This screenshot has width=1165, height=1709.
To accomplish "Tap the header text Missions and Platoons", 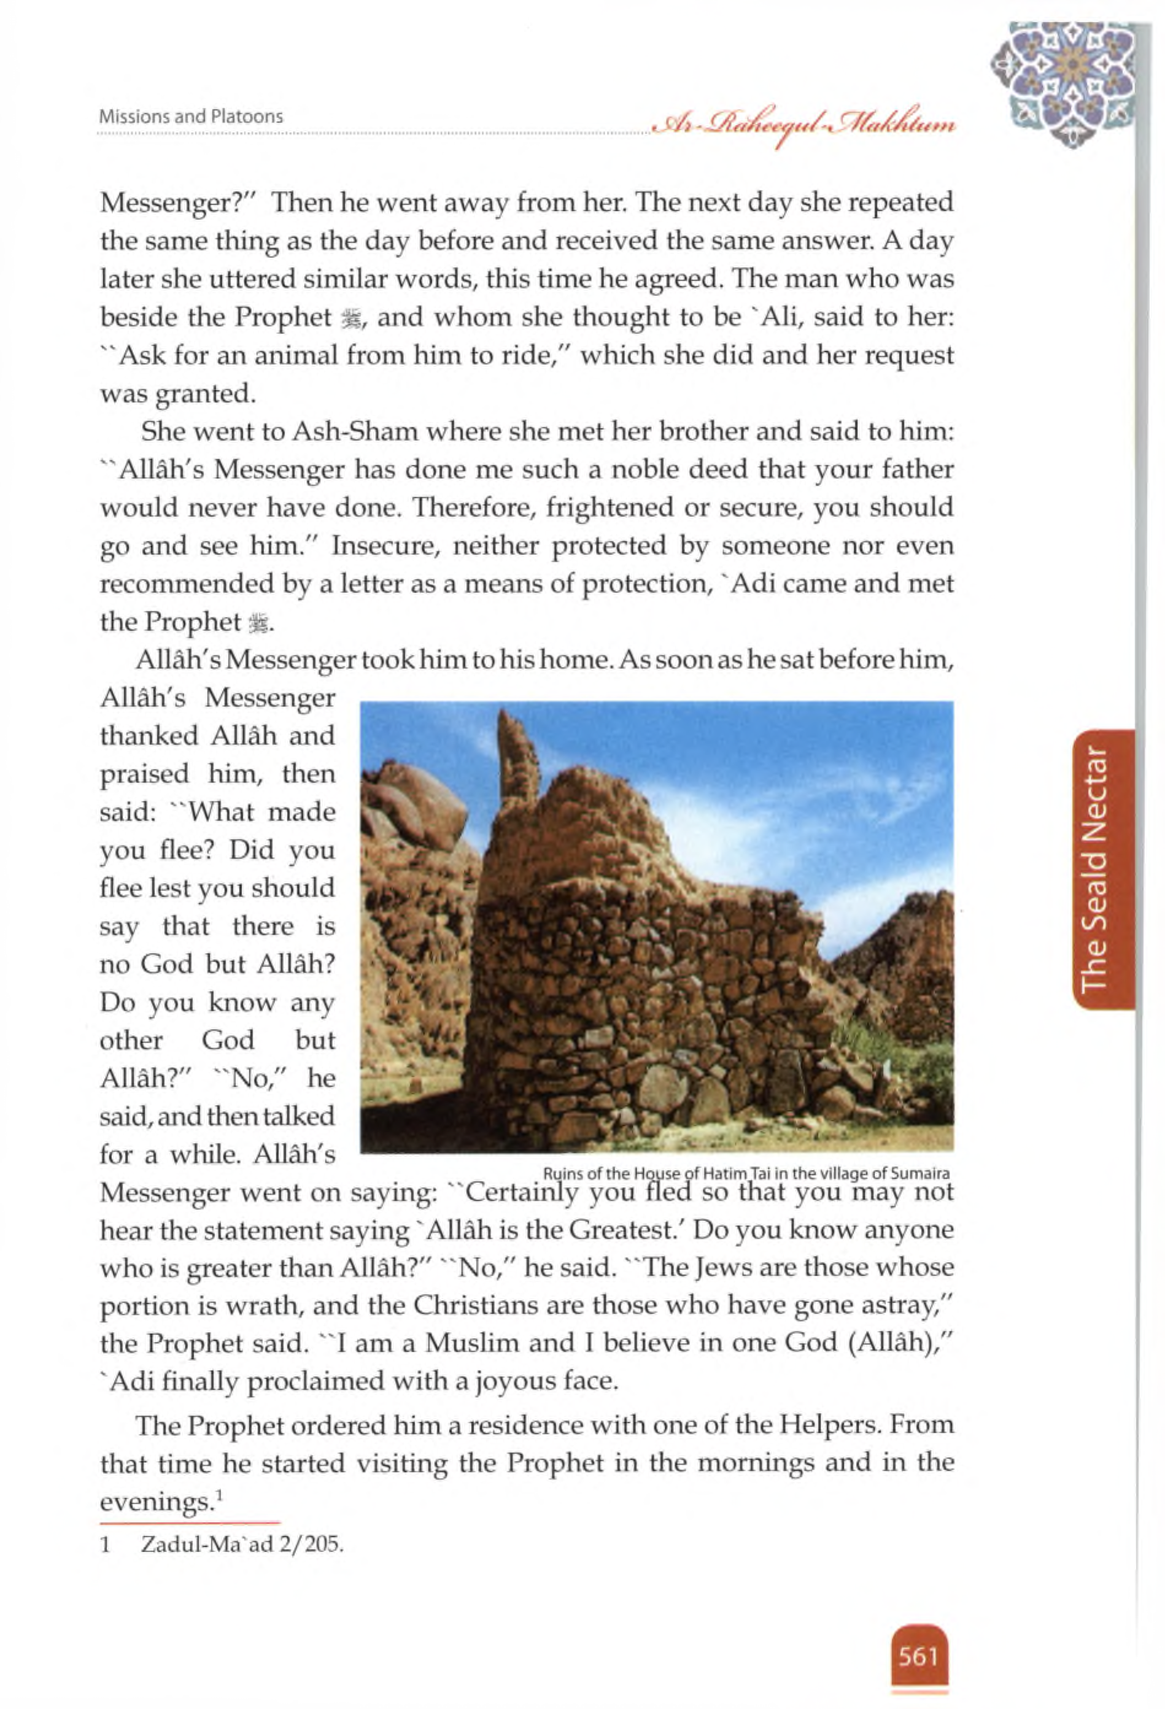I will click(192, 116).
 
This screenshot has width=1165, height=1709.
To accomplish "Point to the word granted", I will click(206, 394).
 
